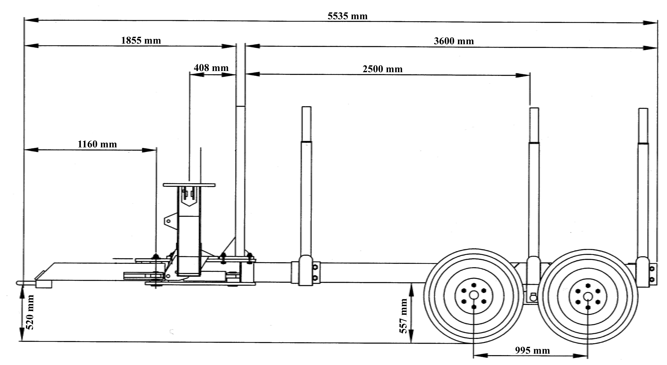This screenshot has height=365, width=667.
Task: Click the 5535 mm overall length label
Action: pyautogui.click(x=347, y=16)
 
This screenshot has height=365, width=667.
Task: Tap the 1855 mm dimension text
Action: pyautogui.click(x=141, y=41)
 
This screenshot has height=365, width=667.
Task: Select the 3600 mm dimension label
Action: pyautogui.click(x=454, y=41)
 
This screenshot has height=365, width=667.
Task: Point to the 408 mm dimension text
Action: pyautogui.click(x=211, y=68)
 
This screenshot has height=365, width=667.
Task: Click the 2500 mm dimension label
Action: pyautogui.click(x=383, y=69)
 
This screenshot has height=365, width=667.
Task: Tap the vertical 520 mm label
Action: pyautogui.click(x=30, y=312)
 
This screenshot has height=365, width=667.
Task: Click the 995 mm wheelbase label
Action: pyautogui.click(x=532, y=351)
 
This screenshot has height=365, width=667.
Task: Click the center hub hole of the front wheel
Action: pyautogui.click(x=474, y=295)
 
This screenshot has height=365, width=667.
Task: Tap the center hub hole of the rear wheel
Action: pyautogui.click(x=588, y=296)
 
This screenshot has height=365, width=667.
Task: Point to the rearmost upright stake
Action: pyautogui.click(x=643, y=197)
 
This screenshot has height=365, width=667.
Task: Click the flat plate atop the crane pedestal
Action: pyautogui.click(x=189, y=185)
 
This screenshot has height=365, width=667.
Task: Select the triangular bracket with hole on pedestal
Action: pyautogui.click(x=171, y=221)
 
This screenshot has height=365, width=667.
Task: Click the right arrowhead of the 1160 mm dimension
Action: pyautogui.click(x=149, y=150)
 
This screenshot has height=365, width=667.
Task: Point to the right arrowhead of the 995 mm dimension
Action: pyautogui.click(x=580, y=356)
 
